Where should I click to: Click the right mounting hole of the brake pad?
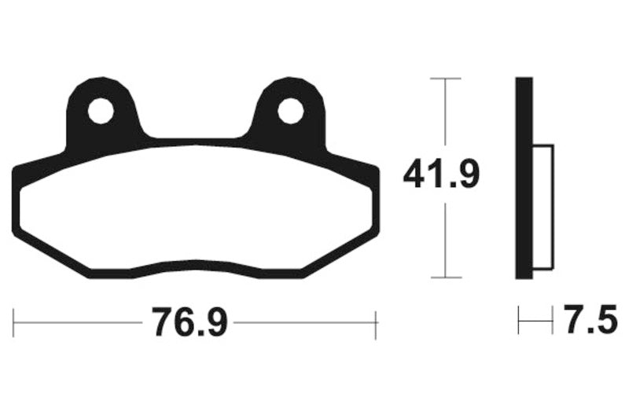[290, 112]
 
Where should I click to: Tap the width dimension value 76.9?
[189, 322]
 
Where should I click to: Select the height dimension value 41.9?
[441, 175]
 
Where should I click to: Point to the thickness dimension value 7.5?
[586, 321]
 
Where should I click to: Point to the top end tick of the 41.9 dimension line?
[446, 79]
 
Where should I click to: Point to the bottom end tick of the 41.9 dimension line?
[446, 277]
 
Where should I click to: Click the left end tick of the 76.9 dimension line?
[14, 323]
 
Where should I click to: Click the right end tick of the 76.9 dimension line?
[377, 323]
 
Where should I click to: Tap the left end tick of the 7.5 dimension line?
[518, 322]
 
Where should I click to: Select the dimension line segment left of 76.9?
[79, 323]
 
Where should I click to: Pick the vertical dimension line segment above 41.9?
[446, 118]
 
